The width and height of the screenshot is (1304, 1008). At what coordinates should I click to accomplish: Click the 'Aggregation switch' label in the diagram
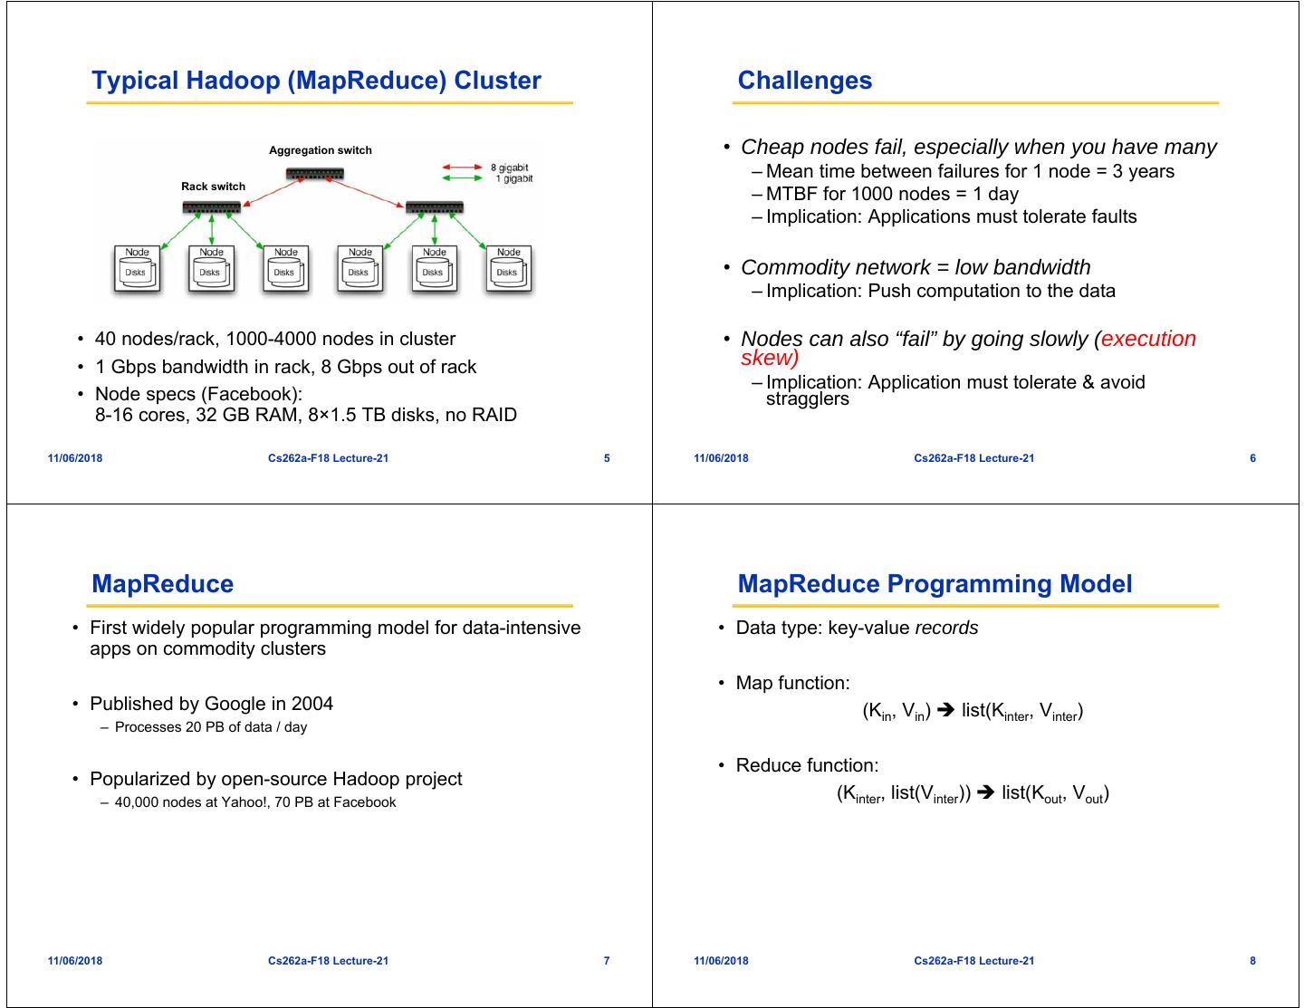[320, 150]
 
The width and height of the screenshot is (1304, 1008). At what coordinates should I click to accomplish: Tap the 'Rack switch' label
[213, 187]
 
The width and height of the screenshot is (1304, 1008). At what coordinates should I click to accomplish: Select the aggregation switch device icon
[314, 174]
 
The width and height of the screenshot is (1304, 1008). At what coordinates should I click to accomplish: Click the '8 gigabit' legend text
[509, 168]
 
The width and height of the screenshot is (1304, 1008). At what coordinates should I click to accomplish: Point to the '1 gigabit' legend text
[513, 178]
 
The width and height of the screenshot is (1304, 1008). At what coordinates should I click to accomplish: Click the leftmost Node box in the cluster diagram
[137, 269]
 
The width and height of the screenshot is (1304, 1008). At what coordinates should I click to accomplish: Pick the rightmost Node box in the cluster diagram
[508, 269]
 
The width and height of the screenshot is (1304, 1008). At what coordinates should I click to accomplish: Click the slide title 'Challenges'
[804, 81]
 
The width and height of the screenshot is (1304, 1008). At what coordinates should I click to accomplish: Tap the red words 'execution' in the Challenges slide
[1148, 339]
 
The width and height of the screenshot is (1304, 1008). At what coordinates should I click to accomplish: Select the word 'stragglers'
[807, 399]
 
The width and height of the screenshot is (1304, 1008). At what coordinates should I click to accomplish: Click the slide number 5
[607, 458]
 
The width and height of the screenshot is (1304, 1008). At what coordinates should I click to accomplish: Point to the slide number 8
[1252, 961]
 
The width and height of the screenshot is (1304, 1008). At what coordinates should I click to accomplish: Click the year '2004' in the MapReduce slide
[312, 704]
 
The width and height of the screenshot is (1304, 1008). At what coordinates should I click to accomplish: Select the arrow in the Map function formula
[945, 711]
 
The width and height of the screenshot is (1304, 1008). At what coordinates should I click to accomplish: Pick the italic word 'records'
[946, 628]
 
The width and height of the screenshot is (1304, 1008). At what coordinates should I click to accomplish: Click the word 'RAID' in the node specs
[494, 416]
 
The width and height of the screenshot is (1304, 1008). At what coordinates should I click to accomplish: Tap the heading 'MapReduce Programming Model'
[935, 584]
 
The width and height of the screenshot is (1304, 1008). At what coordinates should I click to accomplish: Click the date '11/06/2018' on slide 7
[75, 961]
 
